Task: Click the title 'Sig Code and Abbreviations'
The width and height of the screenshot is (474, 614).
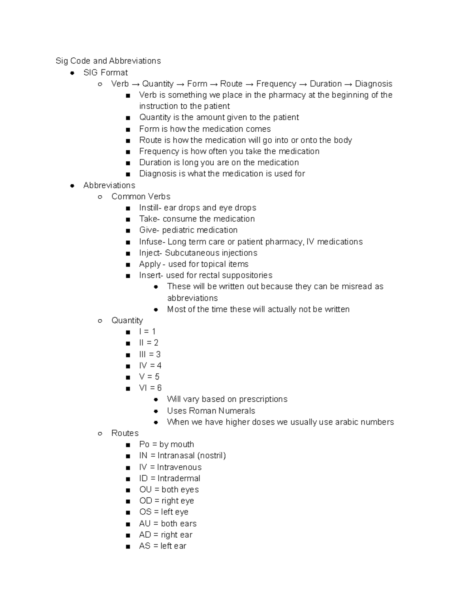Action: tap(108, 61)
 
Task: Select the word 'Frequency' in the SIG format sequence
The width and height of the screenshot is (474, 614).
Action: tap(276, 84)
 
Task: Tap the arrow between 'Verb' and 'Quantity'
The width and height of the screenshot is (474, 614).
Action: tap(135, 84)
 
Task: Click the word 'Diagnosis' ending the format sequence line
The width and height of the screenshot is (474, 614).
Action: tap(373, 84)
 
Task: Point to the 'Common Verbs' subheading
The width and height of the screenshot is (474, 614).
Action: tap(141, 196)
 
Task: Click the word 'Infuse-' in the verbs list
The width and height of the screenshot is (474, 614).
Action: tap(151, 242)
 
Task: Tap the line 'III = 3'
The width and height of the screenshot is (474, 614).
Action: tap(150, 354)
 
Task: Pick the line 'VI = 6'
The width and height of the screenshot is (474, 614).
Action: tap(150, 388)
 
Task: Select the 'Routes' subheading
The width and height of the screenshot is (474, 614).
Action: tap(125, 433)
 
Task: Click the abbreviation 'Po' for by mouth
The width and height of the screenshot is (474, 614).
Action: tap(144, 444)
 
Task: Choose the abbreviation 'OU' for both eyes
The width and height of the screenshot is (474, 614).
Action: tap(145, 489)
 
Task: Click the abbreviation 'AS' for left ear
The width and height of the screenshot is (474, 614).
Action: tap(145, 546)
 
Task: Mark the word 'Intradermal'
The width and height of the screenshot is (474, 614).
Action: tap(179, 478)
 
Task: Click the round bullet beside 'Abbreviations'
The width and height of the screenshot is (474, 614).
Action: tap(72, 185)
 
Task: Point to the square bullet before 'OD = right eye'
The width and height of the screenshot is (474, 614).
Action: tap(128, 502)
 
